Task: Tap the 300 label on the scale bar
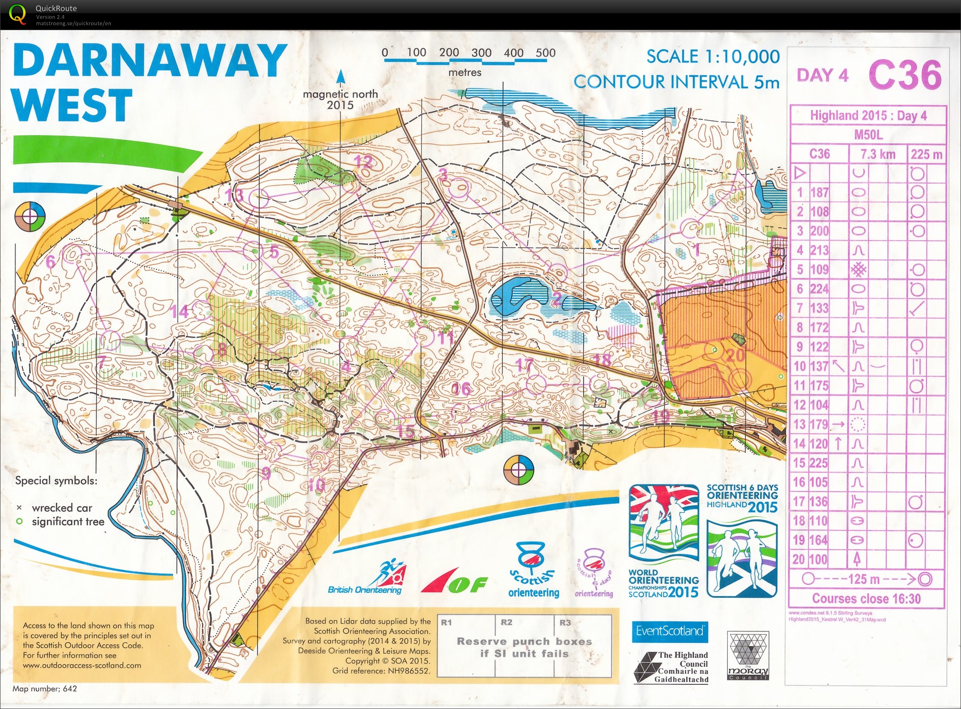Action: pos(481,52)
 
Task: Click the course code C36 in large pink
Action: pos(905,75)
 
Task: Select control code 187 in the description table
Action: pos(820,193)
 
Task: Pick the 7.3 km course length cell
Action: pos(877,154)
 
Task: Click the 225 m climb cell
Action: pos(926,154)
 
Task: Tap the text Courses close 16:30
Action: pos(866,598)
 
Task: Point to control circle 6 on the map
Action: pos(72,254)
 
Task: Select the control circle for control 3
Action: pos(459,188)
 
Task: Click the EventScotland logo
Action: pos(669,631)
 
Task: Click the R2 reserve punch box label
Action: pos(506,622)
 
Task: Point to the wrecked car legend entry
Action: pos(61,508)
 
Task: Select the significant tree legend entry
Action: pos(68,521)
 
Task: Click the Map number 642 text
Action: pos(45,688)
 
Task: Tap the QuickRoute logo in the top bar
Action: pos(17,14)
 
